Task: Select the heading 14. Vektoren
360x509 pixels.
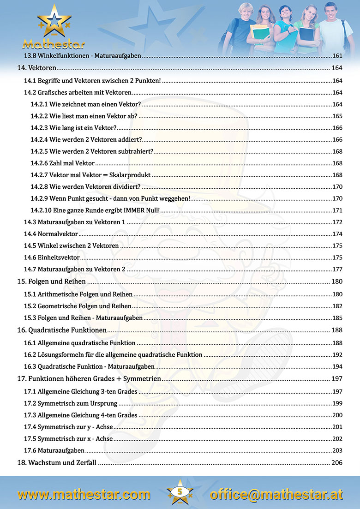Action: pyautogui.click(x=36, y=68)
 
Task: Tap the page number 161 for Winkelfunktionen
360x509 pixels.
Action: pyautogui.click(x=337, y=56)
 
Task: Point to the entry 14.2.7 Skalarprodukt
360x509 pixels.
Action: pyautogui.click(x=91, y=175)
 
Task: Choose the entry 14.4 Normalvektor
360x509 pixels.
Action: pyautogui.click(x=51, y=234)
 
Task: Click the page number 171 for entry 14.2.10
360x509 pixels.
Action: pyautogui.click(x=337, y=210)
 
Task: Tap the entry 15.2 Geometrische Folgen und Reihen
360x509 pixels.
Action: pyautogui.click(x=78, y=305)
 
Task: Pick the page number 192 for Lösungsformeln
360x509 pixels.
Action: pyautogui.click(x=337, y=355)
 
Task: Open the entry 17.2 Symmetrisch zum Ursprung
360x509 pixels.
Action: pyautogui.click(x=71, y=403)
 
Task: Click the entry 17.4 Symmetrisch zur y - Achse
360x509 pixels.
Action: pyautogui.click(x=68, y=427)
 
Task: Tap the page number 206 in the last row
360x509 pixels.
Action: pyautogui.click(x=336, y=462)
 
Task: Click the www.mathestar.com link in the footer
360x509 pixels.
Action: pyautogui.click(x=84, y=494)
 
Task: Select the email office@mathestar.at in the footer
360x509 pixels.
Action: pyautogui.click(x=276, y=494)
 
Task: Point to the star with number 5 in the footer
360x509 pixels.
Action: pyautogui.click(x=180, y=492)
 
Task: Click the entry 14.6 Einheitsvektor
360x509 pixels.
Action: pyautogui.click(x=52, y=257)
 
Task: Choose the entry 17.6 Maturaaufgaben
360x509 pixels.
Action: pyautogui.click(x=54, y=450)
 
